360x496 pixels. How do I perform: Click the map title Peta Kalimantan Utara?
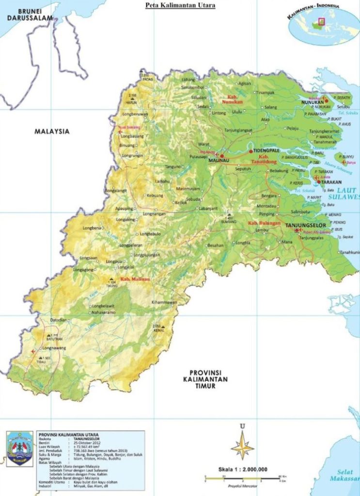click(181, 5)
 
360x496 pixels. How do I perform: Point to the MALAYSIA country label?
click(52, 131)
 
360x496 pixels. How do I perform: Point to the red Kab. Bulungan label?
click(264, 222)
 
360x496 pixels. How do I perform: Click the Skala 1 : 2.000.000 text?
click(243, 469)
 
